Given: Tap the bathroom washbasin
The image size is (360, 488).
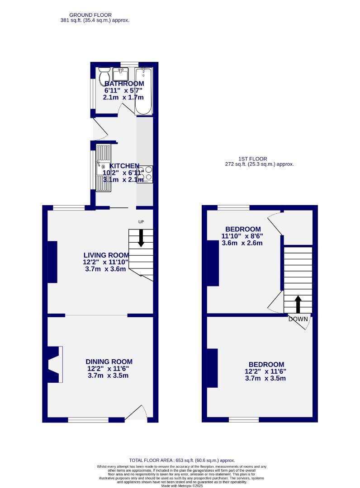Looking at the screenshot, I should (121, 73).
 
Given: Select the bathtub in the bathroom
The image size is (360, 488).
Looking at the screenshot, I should (143, 90).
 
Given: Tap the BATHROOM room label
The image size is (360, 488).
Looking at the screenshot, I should (124, 84).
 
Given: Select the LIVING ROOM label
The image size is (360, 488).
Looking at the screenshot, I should (106, 255).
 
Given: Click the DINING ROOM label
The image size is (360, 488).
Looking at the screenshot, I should (109, 361).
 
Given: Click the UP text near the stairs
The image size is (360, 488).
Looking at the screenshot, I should (141, 221).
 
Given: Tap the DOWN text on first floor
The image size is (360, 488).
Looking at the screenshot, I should (298, 319).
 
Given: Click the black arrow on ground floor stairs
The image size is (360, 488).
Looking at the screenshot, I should (141, 238).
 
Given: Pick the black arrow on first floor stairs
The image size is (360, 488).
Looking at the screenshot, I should (298, 304).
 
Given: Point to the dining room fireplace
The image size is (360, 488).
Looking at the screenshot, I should (55, 364).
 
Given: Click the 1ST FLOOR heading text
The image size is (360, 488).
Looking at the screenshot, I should (253, 159).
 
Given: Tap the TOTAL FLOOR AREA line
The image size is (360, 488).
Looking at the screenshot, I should (182, 460).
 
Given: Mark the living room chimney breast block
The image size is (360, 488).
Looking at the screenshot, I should (52, 262).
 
